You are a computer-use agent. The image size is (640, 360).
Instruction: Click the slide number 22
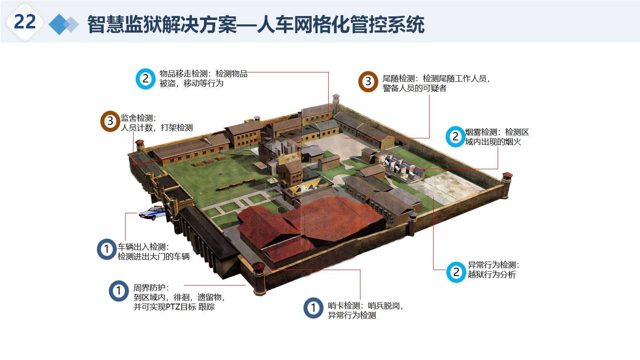click(x=25, y=22)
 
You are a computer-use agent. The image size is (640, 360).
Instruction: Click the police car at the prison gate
click(x=152, y=213)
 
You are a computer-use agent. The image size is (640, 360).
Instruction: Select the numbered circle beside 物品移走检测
click(x=145, y=79)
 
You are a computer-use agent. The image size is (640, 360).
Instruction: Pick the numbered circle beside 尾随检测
click(x=368, y=82)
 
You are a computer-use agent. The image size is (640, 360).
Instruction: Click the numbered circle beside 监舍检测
click(x=110, y=121)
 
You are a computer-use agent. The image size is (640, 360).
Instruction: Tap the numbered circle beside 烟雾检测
click(x=455, y=137)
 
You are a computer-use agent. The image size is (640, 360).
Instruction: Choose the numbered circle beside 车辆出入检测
click(x=107, y=249)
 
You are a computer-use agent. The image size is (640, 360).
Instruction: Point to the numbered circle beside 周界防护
click(x=119, y=291)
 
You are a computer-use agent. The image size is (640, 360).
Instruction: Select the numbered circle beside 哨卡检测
click(x=313, y=308)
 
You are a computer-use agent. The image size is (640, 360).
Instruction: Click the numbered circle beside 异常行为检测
click(x=456, y=272)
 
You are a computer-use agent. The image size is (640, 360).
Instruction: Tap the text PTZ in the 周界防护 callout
click(x=173, y=307)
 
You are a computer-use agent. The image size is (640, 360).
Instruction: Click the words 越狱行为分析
click(x=492, y=275)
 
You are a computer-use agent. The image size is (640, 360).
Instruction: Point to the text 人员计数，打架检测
click(x=157, y=128)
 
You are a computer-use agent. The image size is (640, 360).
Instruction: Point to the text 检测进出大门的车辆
click(x=154, y=257)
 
